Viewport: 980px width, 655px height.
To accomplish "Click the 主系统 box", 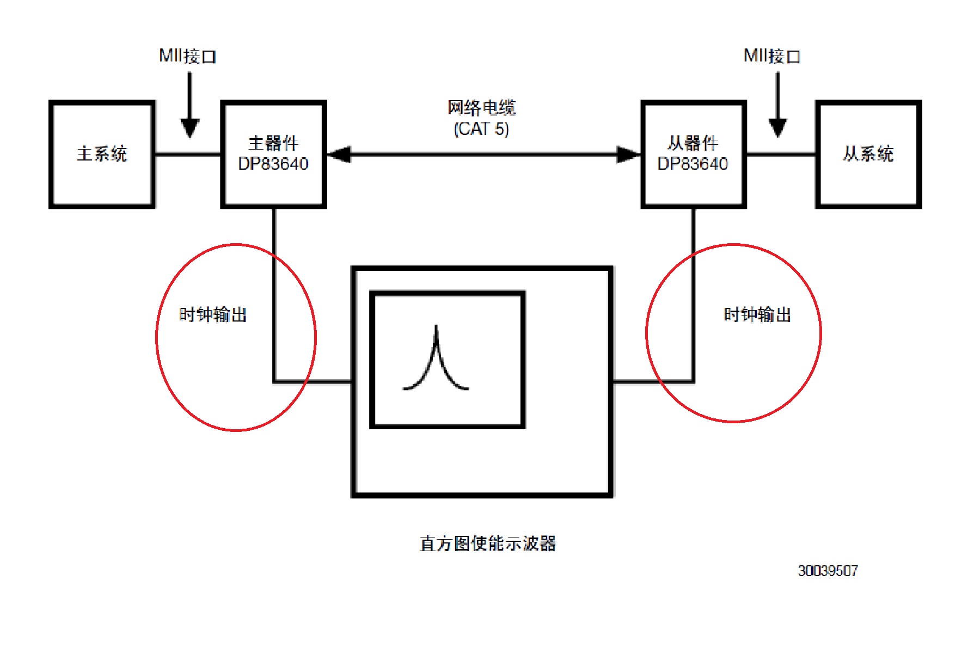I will click(102, 154).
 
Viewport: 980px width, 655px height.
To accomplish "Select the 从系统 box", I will click(868, 154).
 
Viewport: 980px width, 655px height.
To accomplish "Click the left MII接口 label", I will click(188, 56).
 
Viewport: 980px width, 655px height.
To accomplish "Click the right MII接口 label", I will click(772, 56).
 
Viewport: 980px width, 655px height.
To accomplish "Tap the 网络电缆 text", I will click(481, 108).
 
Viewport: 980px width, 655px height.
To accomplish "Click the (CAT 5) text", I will click(481, 129).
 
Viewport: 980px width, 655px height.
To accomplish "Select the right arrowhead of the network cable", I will click(628, 155).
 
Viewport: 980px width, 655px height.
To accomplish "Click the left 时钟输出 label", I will click(213, 314).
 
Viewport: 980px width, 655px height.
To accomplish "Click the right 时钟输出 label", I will click(757, 314).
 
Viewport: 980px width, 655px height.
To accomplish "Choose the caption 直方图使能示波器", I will click(487, 543).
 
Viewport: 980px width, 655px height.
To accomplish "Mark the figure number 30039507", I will click(828, 571).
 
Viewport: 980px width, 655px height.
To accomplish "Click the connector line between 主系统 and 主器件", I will click(188, 155).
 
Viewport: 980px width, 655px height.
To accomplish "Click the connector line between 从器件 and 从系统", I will click(781, 155).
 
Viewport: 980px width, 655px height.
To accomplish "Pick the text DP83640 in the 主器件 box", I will click(273, 164).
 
